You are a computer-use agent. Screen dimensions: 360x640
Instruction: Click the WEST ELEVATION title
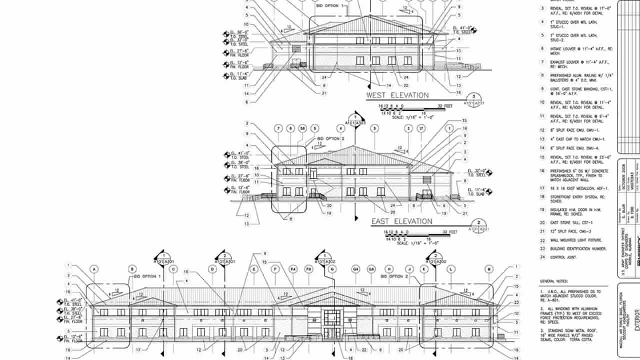coord(397,95)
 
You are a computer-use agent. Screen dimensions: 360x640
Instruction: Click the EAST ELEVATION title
coord(401,221)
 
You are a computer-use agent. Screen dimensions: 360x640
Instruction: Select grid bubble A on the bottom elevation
coord(93,269)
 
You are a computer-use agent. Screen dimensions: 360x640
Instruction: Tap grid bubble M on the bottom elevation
coord(488,269)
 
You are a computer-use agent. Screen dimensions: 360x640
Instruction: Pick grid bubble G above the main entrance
coord(332,269)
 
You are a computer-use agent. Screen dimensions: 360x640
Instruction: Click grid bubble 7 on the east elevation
coord(278,129)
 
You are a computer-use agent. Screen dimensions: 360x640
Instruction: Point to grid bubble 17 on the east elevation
coord(421,129)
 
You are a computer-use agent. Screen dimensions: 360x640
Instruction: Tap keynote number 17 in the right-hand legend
coord(542,188)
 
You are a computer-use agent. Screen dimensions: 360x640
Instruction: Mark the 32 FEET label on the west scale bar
coord(445,106)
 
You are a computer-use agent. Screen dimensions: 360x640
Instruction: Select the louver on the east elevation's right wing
coord(426,179)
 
